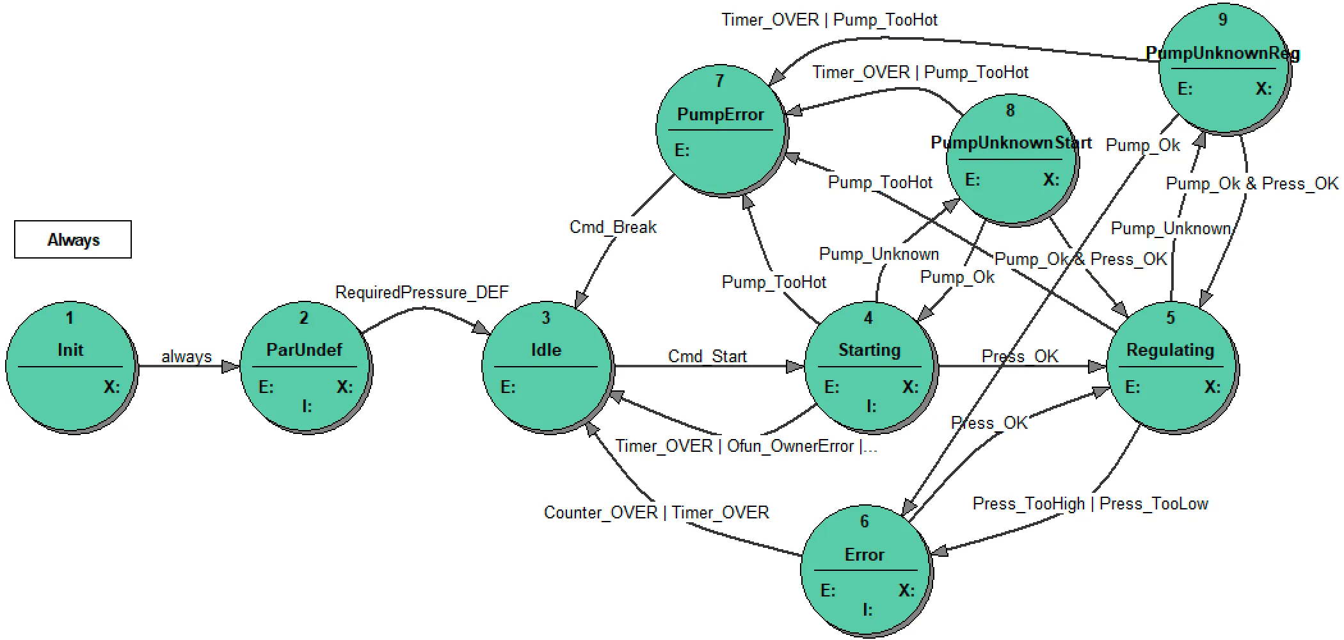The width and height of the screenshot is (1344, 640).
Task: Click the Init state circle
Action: coord(70,367)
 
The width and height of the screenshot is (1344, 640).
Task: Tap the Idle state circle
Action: coord(546,367)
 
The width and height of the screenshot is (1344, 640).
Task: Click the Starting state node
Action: coord(868,367)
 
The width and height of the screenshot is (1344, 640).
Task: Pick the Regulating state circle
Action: coord(1171,367)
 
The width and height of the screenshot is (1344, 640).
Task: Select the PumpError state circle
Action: coord(720,130)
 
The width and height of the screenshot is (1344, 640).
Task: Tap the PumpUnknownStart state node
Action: coord(1011,160)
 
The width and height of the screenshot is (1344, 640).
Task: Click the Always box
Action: coord(73,239)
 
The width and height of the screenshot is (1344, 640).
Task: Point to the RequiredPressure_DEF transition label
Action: coord(422,292)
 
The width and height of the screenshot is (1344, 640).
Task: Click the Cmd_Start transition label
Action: coord(707,356)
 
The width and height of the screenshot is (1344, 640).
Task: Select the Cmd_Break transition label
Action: coord(612,227)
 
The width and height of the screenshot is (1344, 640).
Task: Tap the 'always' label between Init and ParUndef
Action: coord(186,356)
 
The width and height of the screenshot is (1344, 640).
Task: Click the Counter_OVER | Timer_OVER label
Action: coord(656,513)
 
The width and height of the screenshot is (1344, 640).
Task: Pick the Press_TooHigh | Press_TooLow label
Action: coord(1090,504)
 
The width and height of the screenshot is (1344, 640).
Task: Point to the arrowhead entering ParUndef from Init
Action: coord(232,367)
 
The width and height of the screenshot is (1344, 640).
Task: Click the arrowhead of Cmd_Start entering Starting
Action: coord(796,367)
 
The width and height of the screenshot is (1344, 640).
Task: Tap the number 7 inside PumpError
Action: coord(719,81)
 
